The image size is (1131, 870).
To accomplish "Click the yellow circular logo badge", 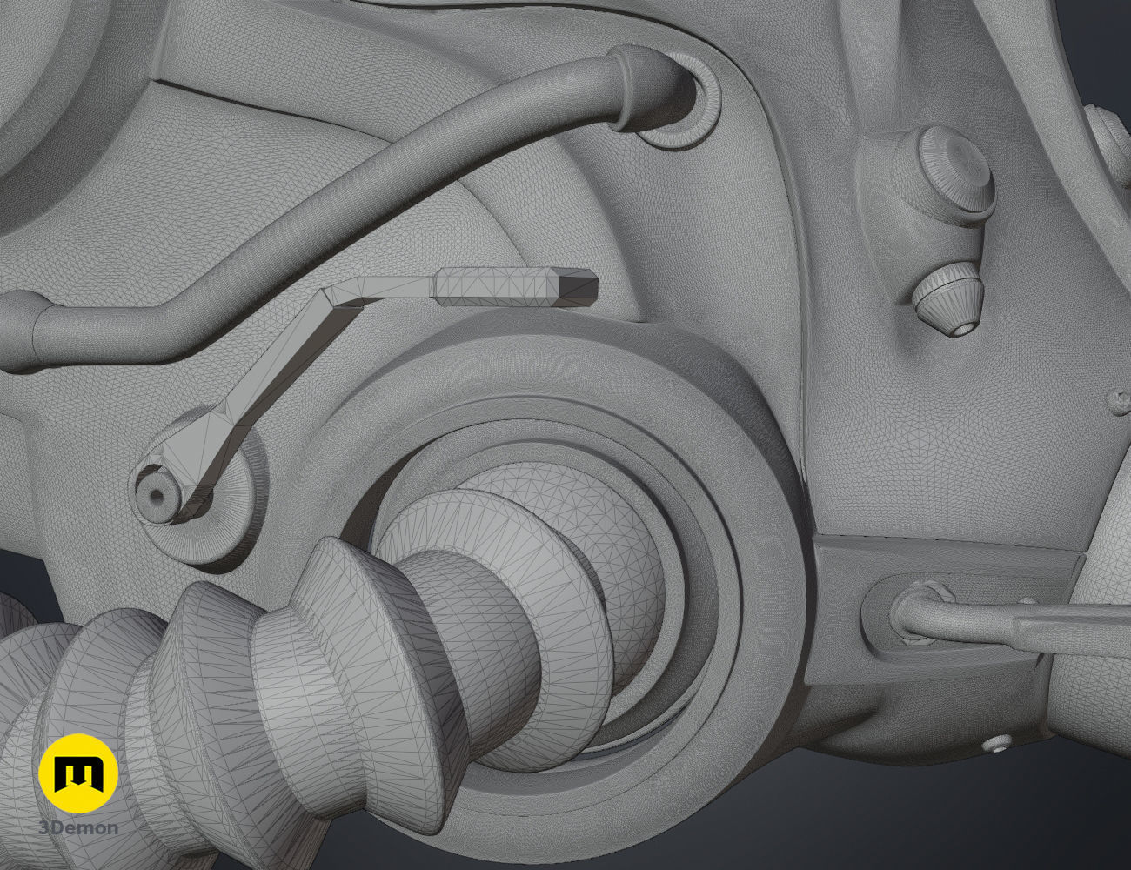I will (x=78, y=773).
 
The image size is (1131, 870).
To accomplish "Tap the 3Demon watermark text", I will (x=78, y=828).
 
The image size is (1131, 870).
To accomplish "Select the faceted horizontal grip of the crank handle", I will (x=516, y=287).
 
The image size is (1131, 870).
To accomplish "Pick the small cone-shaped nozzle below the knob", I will (x=948, y=300).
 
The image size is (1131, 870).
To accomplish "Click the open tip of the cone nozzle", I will (x=962, y=327).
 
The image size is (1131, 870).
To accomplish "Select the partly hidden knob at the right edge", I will (x=1114, y=144).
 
